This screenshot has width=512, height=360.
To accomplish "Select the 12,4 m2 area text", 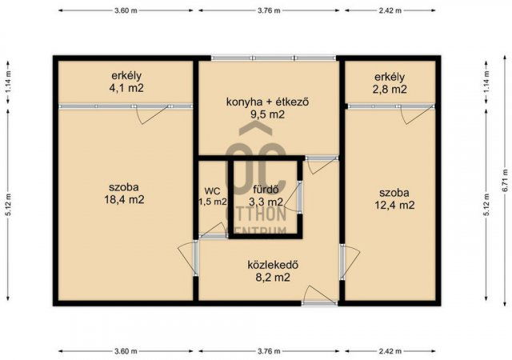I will click(x=395, y=206).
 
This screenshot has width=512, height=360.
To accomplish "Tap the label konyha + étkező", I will click(x=267, y=102).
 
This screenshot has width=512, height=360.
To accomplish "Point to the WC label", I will click(x=212, y=190).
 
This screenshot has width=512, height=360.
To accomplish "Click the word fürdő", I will click(x=265, y=190).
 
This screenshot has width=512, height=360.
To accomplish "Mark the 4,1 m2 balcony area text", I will click(x=126, y=89).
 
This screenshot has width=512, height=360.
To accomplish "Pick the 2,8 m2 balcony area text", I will click(x=390, y=90).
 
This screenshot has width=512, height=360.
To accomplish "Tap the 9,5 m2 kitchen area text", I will click(x=267, y=114).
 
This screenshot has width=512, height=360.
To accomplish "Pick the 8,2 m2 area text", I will click(x=267, y=278).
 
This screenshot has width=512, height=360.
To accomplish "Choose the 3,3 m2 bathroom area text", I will click(x=265, y=202).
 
